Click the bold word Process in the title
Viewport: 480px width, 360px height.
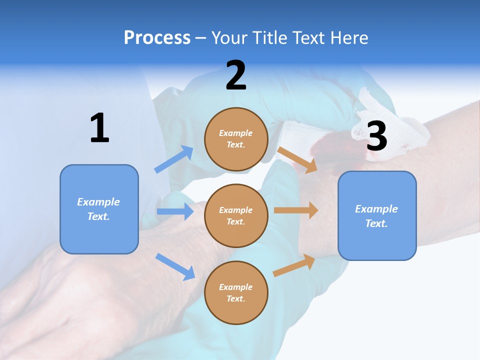click(x=157, y=37)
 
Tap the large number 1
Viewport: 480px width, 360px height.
click(x=99, y=128)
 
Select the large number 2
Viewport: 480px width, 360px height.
click(x=236, y=75)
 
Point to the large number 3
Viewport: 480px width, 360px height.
click(x=376, y=136)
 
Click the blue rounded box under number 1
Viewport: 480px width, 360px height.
click(x=99, y=209)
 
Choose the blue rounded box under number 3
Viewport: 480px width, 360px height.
click(x=377, y=215)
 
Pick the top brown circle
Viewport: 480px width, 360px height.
click(x=236, y=139)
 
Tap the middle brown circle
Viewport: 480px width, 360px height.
click(x=236, y=215)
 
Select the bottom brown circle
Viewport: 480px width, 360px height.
click(x=236, y=292)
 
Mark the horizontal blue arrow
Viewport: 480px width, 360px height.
click(x=175, y=211)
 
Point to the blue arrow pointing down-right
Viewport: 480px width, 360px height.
click(x=175, y=266)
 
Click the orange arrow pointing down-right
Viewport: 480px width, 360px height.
click(x=297, y=159)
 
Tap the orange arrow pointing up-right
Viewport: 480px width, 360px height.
click(x=294, y=265)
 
